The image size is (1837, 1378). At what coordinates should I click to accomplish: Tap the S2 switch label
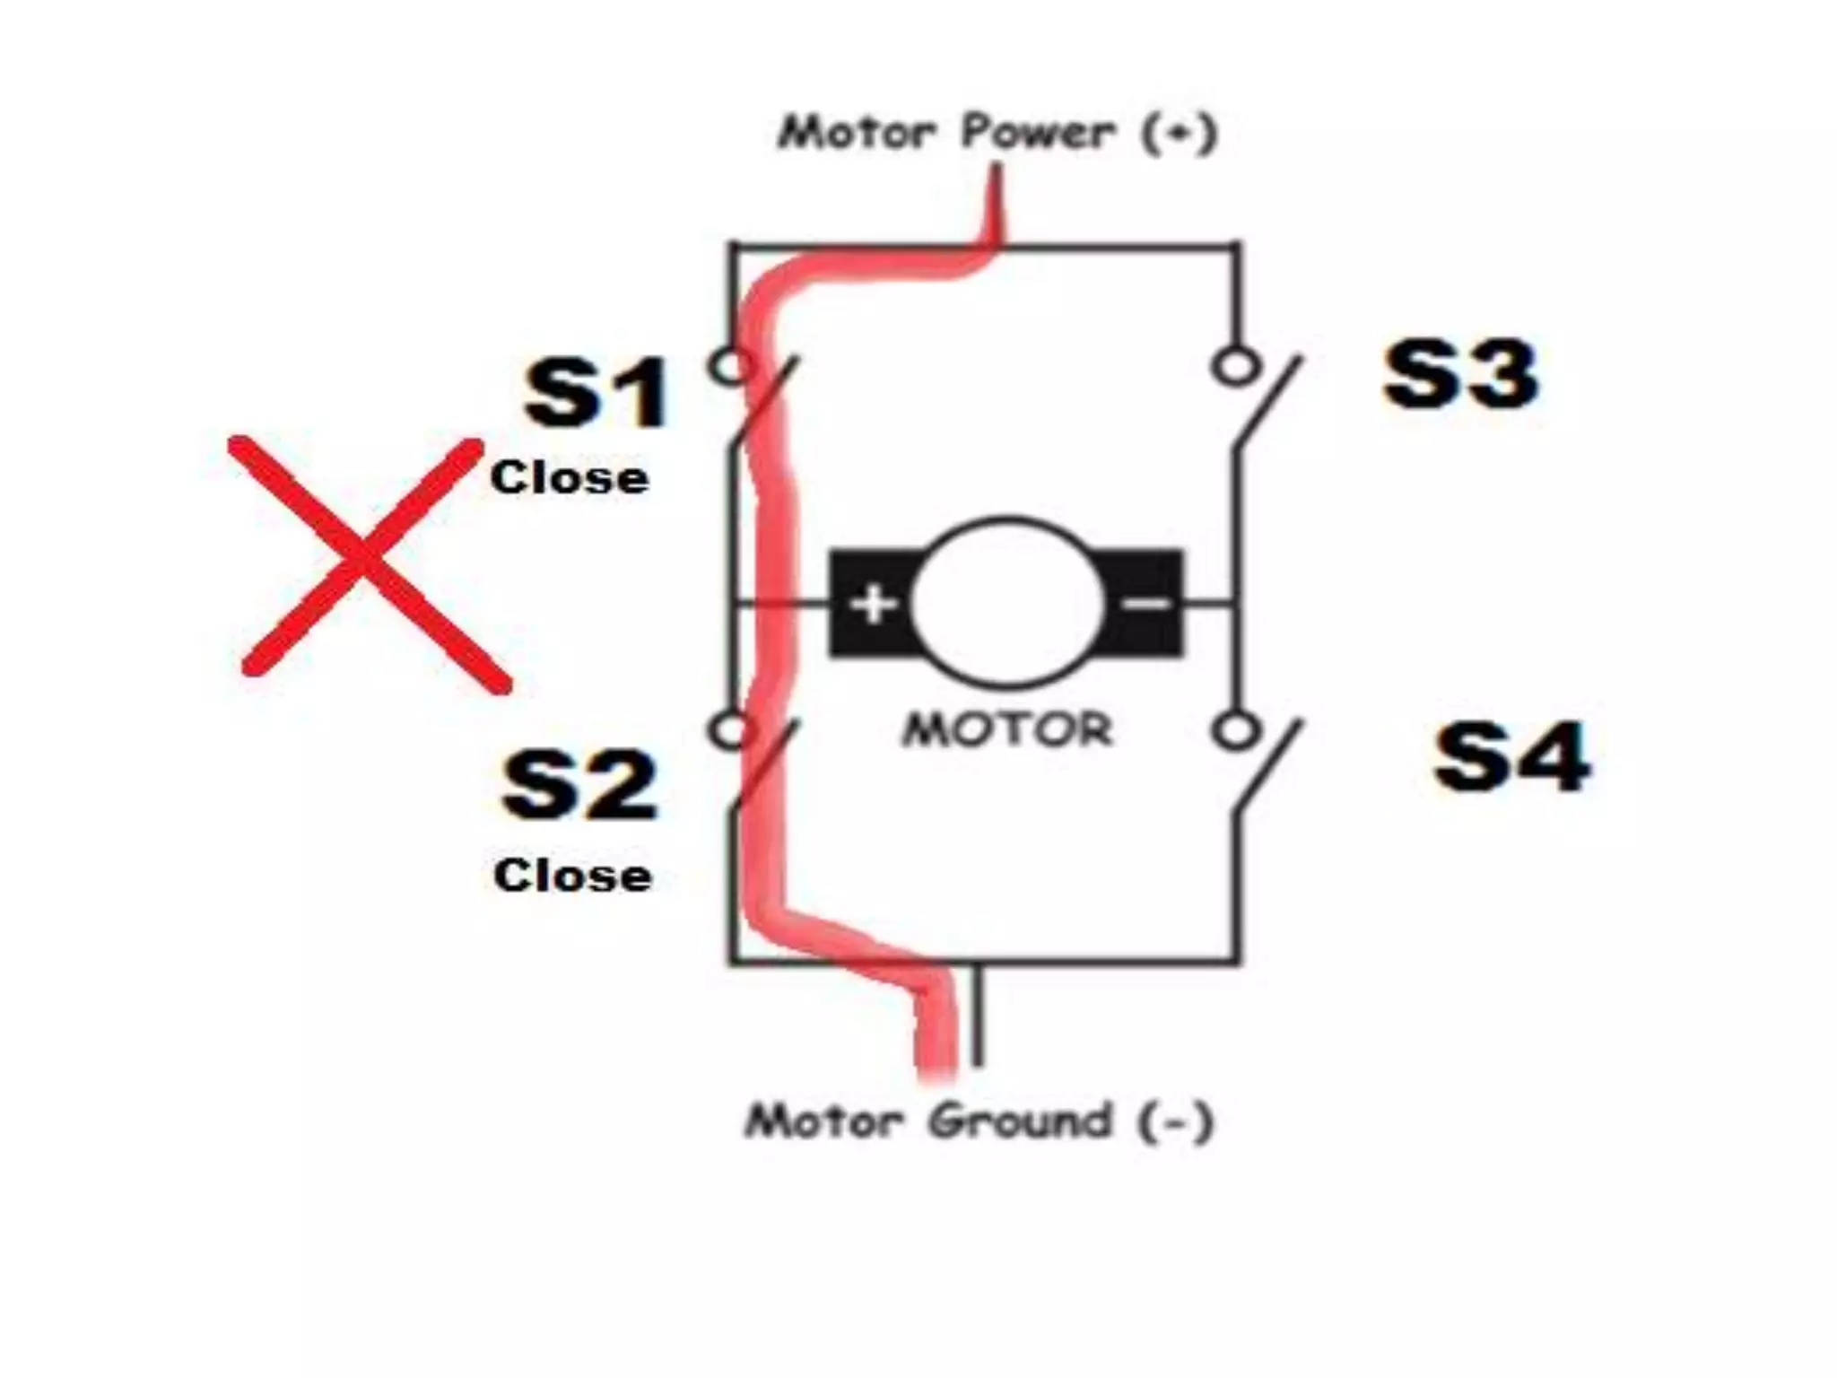pos(579,786)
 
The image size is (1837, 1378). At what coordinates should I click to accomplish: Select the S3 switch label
pos(1460,375)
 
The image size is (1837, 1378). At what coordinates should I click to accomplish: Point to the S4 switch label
pos(1512,759)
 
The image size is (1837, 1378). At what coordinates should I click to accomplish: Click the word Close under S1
pos(570,477)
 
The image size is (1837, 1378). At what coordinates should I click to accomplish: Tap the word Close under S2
pos(572,876)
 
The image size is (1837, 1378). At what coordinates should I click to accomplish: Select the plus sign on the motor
pos(873,604)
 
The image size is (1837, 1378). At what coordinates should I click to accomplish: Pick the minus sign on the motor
pos(1147,603)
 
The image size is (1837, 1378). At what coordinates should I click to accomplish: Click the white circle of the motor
pos(1006,601)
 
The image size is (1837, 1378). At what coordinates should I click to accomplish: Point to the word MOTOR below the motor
pos(1006,729)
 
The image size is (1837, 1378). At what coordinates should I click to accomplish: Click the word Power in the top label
pos(1039,134)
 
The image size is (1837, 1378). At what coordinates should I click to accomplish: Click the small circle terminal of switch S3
pos(1235,366)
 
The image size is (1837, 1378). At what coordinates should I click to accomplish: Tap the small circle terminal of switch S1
pos(731,366)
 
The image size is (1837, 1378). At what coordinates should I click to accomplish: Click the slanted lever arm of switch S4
pos(1267,770)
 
